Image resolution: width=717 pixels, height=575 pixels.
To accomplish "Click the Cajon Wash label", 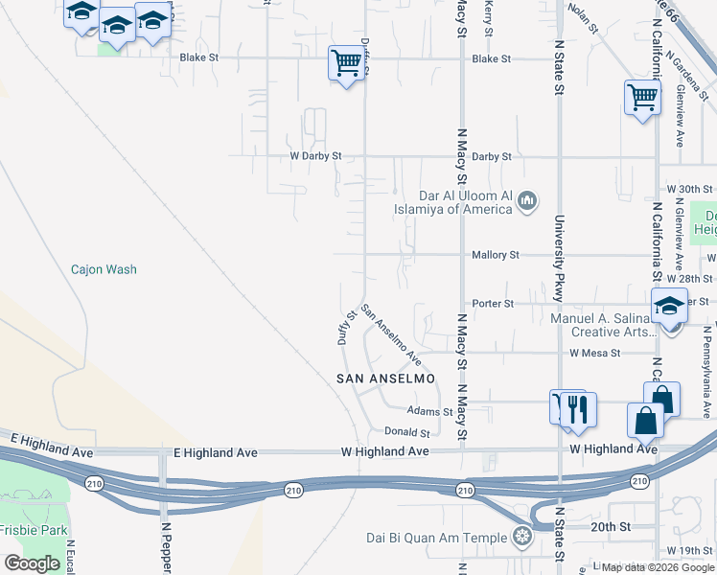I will (x=104, y=269).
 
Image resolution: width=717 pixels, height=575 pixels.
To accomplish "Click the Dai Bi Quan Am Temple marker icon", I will (x=522, y=536).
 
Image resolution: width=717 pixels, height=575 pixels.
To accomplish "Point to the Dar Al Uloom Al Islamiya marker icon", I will (x=527, y=201).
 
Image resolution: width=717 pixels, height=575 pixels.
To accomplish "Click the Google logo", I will (x=32, y=563).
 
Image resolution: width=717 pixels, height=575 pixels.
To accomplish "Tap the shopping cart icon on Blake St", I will (x=345, y=63).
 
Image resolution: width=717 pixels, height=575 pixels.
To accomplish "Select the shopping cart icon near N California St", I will (x=641, y=97).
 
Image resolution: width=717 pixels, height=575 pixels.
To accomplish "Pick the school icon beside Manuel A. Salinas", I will (x=668, y=307).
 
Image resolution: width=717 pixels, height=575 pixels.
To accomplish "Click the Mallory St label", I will (x=496, y=255).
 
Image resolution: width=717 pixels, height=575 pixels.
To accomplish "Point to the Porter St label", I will (x=494, y=304).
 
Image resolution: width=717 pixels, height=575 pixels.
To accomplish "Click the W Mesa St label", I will (x=594, y=353).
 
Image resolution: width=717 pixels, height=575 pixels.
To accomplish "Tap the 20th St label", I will (x=611, y=527).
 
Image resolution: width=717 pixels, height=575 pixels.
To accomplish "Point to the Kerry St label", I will (x=489, y=17).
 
